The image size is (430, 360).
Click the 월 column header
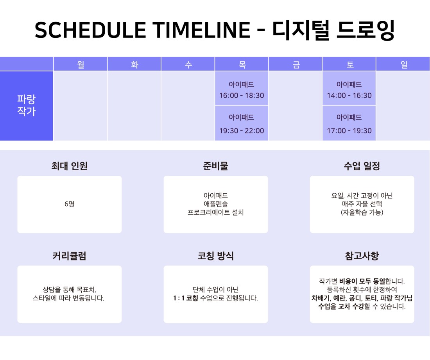tap(81, 64)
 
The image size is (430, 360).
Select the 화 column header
tap(134, 64)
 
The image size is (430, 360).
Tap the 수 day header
tap(188, 64)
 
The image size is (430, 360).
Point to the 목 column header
tap(242, 64)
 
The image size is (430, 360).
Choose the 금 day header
tap(296, 64)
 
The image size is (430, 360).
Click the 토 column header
tap(349, 64)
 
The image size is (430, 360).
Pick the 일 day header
tap(403, 64)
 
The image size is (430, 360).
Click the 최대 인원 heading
tap(69, 166)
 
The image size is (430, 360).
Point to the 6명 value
tap(69, 204)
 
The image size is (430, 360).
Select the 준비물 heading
tap(215, 166)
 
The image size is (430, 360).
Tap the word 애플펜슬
tap(215, 204)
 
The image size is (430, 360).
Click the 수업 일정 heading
tap(362, 166)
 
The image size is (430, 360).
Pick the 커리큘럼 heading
tap(69, 256)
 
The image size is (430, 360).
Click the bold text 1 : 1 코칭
tap(186, 298)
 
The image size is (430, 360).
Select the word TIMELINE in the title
tap(201, 30)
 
